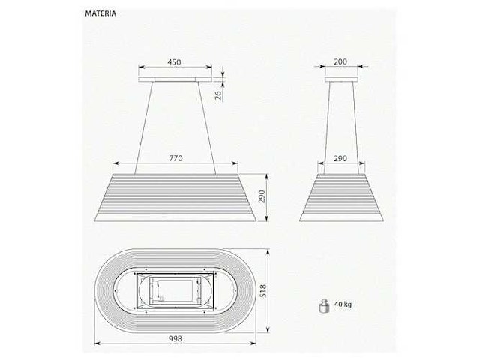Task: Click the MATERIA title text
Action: pos(100,13)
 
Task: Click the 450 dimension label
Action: pos(174,61)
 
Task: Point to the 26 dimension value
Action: pos(218,95)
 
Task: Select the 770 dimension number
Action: pos(175,158)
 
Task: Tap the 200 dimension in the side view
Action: pos(340,61)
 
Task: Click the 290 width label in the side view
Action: pos(340,158)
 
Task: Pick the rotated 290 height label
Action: pos(262,197)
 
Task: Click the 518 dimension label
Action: pos(263,290)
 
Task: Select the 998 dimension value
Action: pos(175,338)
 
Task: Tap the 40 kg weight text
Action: pos(343,304)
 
